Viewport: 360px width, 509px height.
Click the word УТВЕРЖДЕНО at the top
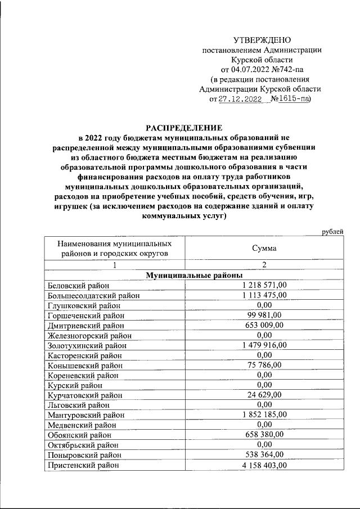pyautogui.click(x=262, y=40)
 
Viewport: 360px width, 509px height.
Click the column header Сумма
pyautogui.click(x=264, y=248)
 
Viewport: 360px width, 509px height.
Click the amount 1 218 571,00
pyautogui.click(x=264, y=285)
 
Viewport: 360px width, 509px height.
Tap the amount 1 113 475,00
pyautogui.click(x=264, y=295)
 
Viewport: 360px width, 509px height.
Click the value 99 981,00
pyautogui.click(x=264, y=315)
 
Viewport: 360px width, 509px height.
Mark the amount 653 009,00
pyautogui.click(x=264, y=325)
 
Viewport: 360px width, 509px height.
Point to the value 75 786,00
pyautogui.click(x=264, y=365)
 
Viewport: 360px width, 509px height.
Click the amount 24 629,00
pyautogui.click(x=264, y=394)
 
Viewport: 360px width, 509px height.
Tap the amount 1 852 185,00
pyautogui.click(x=264, y=415)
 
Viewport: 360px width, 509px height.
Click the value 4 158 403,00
pyautogui.click(x=264, y=465)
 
